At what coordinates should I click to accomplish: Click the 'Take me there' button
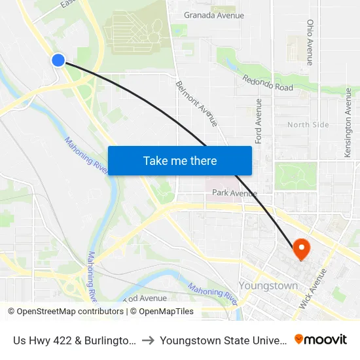click(x=180, y=160)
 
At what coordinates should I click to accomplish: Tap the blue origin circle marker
click(x=58, y=60)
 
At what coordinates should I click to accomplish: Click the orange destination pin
click(x=301, y=248)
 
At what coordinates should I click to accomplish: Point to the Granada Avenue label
click(x=214, y=15)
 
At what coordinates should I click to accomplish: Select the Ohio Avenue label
click(x=310, y=42)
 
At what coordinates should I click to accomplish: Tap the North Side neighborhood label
click(x=308, y=124)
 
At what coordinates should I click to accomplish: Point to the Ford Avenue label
click(x=259, y=121)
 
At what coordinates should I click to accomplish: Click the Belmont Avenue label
click(x=196, y=103)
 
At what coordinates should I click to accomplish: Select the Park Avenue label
click(x=234, y=193)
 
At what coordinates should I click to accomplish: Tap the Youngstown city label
click(x=268, y=286)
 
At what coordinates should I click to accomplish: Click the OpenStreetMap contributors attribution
click(x=66, y=312)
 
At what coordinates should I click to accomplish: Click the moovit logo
click(x=321, y=339)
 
